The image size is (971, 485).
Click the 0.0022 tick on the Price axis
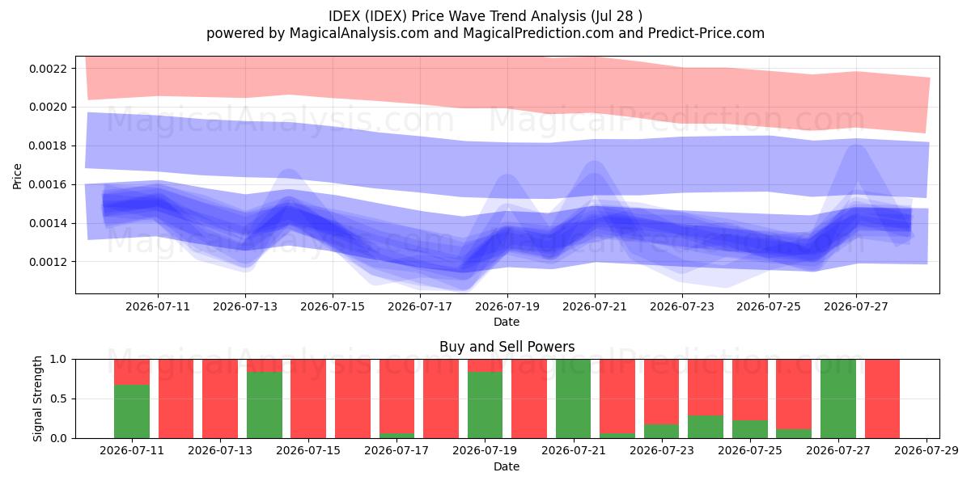pyautogui.click(x=48, y=69)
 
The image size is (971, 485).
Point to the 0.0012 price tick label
pyautogui.click(x=48, y=262)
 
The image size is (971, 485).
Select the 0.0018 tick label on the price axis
pyautogui.click(x=48, y=146)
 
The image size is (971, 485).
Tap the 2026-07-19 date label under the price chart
pyautogui.click(x=507, y=306)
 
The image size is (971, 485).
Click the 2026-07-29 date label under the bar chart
pyautogui.click(x=926, y=451)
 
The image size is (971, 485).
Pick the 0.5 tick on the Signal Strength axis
pyautogui.click(x=58, y=399)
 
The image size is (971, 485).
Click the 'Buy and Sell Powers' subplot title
pyautogui.click(x=507, y=347)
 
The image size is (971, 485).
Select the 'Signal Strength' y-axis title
pyautogui.click(x=38, y=399)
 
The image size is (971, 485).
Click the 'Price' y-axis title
pyautogui.click(x=17, y=176)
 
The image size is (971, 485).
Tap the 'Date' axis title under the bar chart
pyautogui.click(x=507, y=466)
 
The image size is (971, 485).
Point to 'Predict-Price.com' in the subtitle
pyautogui.click(x=706, y=33)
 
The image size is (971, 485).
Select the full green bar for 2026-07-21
pyautogui.click(x=574, y=399)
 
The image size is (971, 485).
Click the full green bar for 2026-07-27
pyautogui.click(x=838, y=399)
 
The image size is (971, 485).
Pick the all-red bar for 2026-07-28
pyautogui.click(x=882, y=399)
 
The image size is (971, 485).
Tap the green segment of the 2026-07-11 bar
pyautogui.click(x=132, y=411)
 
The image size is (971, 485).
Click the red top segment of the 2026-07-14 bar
pyautogui.click(x=265, y=365)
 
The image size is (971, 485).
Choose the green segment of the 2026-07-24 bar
pyautogui.click(x=706, y=427)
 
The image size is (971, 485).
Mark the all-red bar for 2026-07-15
pyautogui.click(x=308, y=399)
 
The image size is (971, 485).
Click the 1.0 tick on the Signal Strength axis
pyautogui.click(x=58, y=360)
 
